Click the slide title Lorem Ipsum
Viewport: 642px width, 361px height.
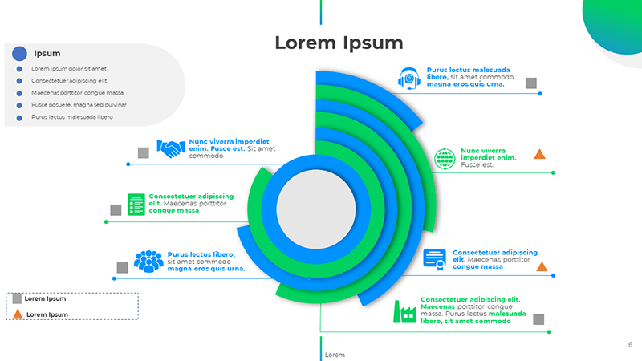coord(339,43)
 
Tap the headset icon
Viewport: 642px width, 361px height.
coord(409,78)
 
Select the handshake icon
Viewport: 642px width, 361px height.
coord(170,148)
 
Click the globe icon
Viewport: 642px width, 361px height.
coord(445,158)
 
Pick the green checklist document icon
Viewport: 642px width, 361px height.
coord(136,204)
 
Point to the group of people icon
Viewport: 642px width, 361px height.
coord(148,261)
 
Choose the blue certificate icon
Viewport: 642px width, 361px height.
coord(435,259)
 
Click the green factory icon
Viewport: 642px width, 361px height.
coord(404,311)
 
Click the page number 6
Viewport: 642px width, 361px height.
coord(630,344)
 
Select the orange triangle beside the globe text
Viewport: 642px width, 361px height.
coord(540,154)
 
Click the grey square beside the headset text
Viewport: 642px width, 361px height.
coord(530,83)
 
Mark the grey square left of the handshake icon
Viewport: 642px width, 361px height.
coord(144,152)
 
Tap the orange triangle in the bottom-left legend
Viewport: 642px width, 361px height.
coord(18,314)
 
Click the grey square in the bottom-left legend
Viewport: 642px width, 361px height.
coord(17,298)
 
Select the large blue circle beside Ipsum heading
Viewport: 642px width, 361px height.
coord(20,54)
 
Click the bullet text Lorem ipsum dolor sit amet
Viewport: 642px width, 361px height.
coord(69,69)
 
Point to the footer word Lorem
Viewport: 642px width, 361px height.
coord(335,355)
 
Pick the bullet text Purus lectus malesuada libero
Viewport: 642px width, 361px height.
coord(72,117)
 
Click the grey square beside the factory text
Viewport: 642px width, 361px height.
coord(538,318)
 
